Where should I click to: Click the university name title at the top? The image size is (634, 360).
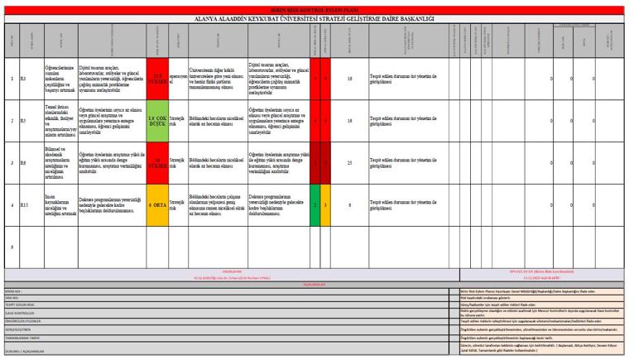point(317,18)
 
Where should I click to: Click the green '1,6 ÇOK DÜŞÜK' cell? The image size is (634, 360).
point(157,121)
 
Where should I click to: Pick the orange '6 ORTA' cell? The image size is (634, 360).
point(157,204)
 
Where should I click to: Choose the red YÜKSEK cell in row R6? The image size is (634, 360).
point(157,163)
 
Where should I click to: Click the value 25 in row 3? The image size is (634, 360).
point(350,163)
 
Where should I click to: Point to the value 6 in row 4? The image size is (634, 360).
point(350,204)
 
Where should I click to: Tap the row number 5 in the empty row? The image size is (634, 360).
point(11,246)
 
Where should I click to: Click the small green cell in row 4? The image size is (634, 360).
point(315,204)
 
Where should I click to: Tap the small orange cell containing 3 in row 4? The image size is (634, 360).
point(326,204)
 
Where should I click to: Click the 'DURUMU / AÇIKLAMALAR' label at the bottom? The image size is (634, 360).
point(26,351)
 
